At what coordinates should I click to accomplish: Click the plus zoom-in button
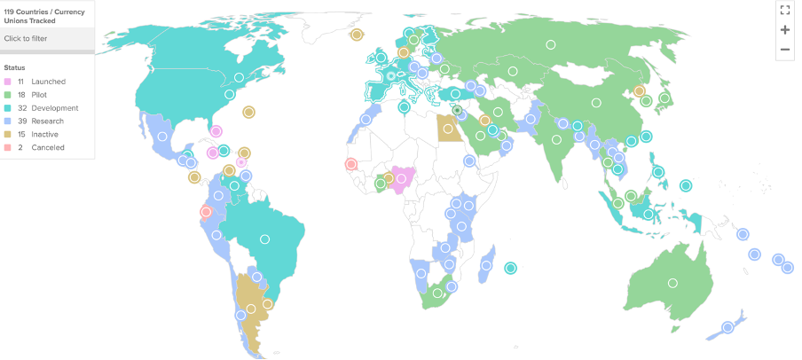tap(784, 29)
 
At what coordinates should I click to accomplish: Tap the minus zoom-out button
tap(784, 50)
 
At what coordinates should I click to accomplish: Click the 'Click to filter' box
tap(47, 38)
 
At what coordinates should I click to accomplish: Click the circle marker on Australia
tap(672, 283)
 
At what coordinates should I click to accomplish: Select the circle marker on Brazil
tap(264, 239)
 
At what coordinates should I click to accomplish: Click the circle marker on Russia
tap(550, 44)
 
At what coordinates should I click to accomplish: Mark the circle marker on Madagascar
tap(487, 264)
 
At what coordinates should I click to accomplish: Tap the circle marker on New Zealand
tap(727, 327)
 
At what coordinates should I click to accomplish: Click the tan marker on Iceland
tap(357, 35)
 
